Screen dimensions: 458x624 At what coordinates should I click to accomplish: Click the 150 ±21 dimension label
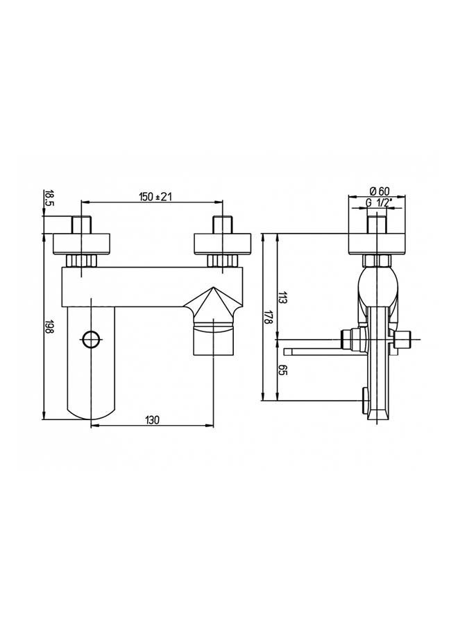(155, 197)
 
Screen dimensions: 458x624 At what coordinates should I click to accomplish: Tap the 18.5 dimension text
(49, 198)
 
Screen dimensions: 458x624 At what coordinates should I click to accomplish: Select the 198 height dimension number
(49, 327)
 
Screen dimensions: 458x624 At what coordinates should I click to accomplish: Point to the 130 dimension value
(152, 420)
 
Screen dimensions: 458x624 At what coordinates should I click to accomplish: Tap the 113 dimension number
(282, 297)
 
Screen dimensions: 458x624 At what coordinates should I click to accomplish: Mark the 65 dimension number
(282, 370)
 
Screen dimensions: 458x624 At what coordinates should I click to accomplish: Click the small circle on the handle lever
(91, 340)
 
